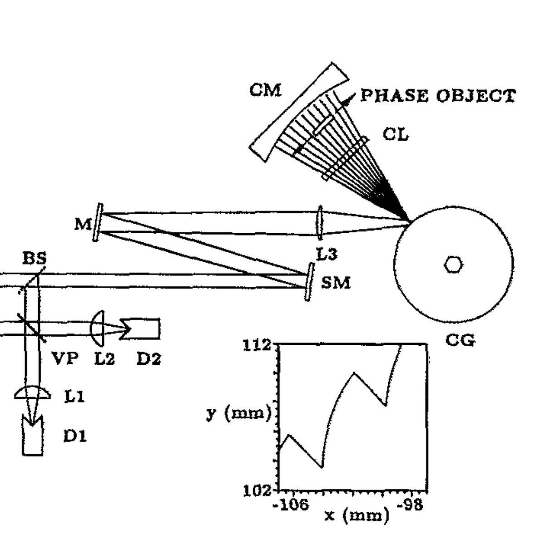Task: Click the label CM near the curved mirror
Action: [x=266, y=90]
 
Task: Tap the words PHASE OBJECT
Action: [x=438, y=96]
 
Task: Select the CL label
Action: [x=396, y=134]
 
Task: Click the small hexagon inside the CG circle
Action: [x=453, y=265]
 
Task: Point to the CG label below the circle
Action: [x=460, y=340]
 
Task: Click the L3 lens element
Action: [x=320, y=223]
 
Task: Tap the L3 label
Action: [x=327, y=254]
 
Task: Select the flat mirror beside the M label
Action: [x=98, y=222]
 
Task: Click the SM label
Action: [x=336, y=283]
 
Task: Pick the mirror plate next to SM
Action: [x=309, y=281]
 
